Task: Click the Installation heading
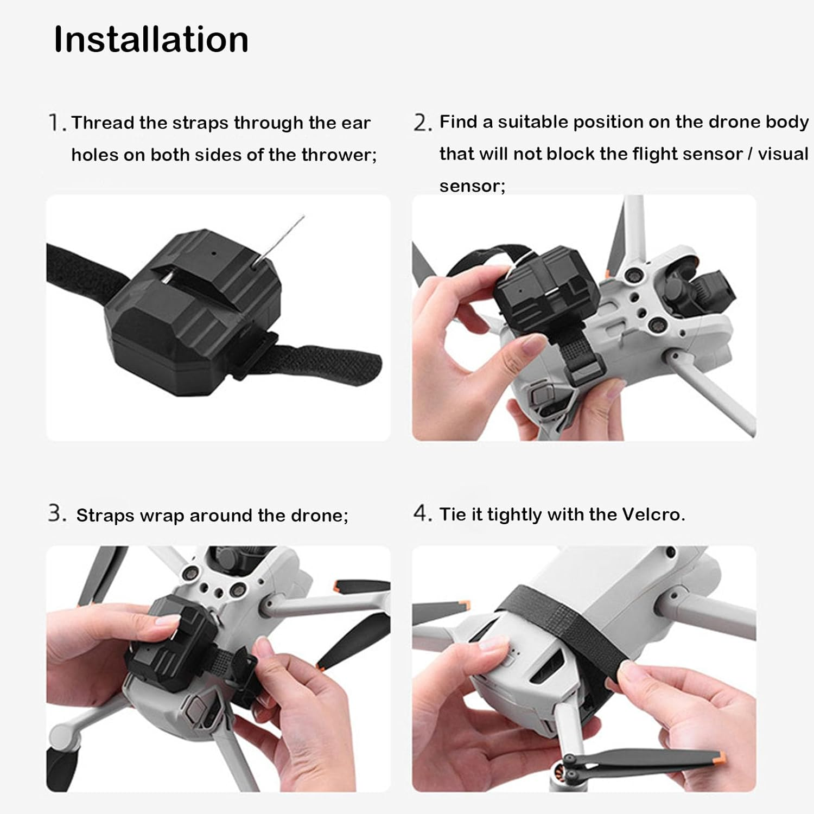pos(151,40)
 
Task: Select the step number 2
pos(422,123)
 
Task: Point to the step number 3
pos(56,513)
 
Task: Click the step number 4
pos(422,513)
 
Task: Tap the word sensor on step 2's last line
pos(472,186)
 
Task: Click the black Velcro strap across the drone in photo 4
pos(570,629)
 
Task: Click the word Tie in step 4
pos(453,514)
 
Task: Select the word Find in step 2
pos(459,122)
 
